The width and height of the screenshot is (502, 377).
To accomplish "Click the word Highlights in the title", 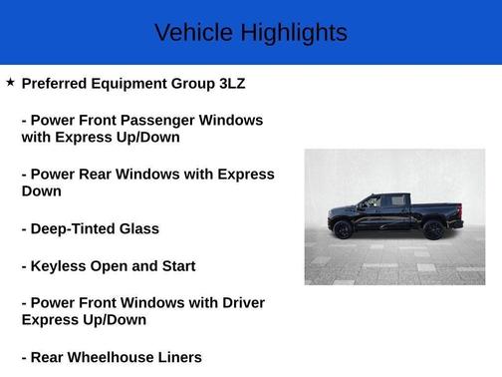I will pyautogui.click(x=293, y=33).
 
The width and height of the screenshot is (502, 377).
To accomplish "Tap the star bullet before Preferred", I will pyautogui.click(x=10, y=83).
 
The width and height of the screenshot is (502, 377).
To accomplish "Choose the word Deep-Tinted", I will pyautogui.click(x=71, y=228).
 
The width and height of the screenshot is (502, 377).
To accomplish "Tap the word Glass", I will pyautogui.click(x=137, y=228).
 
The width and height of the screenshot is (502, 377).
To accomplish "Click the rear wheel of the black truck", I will pyautogui.click(x=433, y=229).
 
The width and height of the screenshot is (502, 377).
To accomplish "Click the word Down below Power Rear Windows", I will pyautogui.click(x=41, y=190).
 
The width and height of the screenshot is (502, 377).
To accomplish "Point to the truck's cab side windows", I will pyautogui.click(x=383, y=201).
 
